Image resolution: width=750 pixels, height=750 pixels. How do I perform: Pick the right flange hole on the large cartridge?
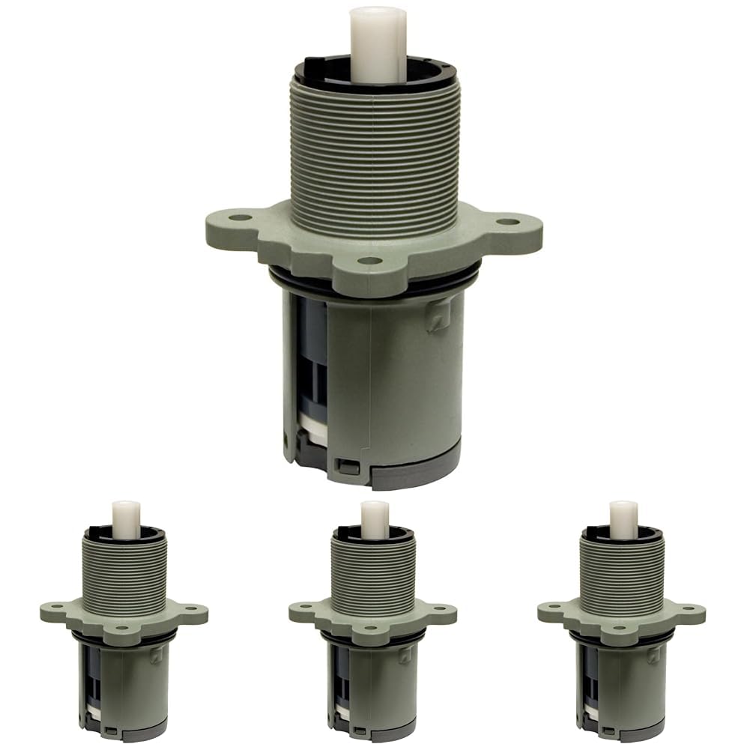click(x=508, y=222)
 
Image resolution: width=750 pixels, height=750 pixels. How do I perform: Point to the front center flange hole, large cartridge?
click(x=366, y=261)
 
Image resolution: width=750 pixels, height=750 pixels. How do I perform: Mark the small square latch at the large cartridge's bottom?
click(x=345, y=466)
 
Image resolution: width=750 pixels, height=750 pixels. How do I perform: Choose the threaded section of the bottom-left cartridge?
click(x=125, y=569)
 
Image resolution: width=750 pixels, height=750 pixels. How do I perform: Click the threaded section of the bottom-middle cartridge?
click(x=374, y=569)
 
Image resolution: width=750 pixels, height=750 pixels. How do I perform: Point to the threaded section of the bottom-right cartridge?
click(x=623, y=569)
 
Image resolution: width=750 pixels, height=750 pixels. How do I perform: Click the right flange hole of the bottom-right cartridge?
click(x=690, y=608)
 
